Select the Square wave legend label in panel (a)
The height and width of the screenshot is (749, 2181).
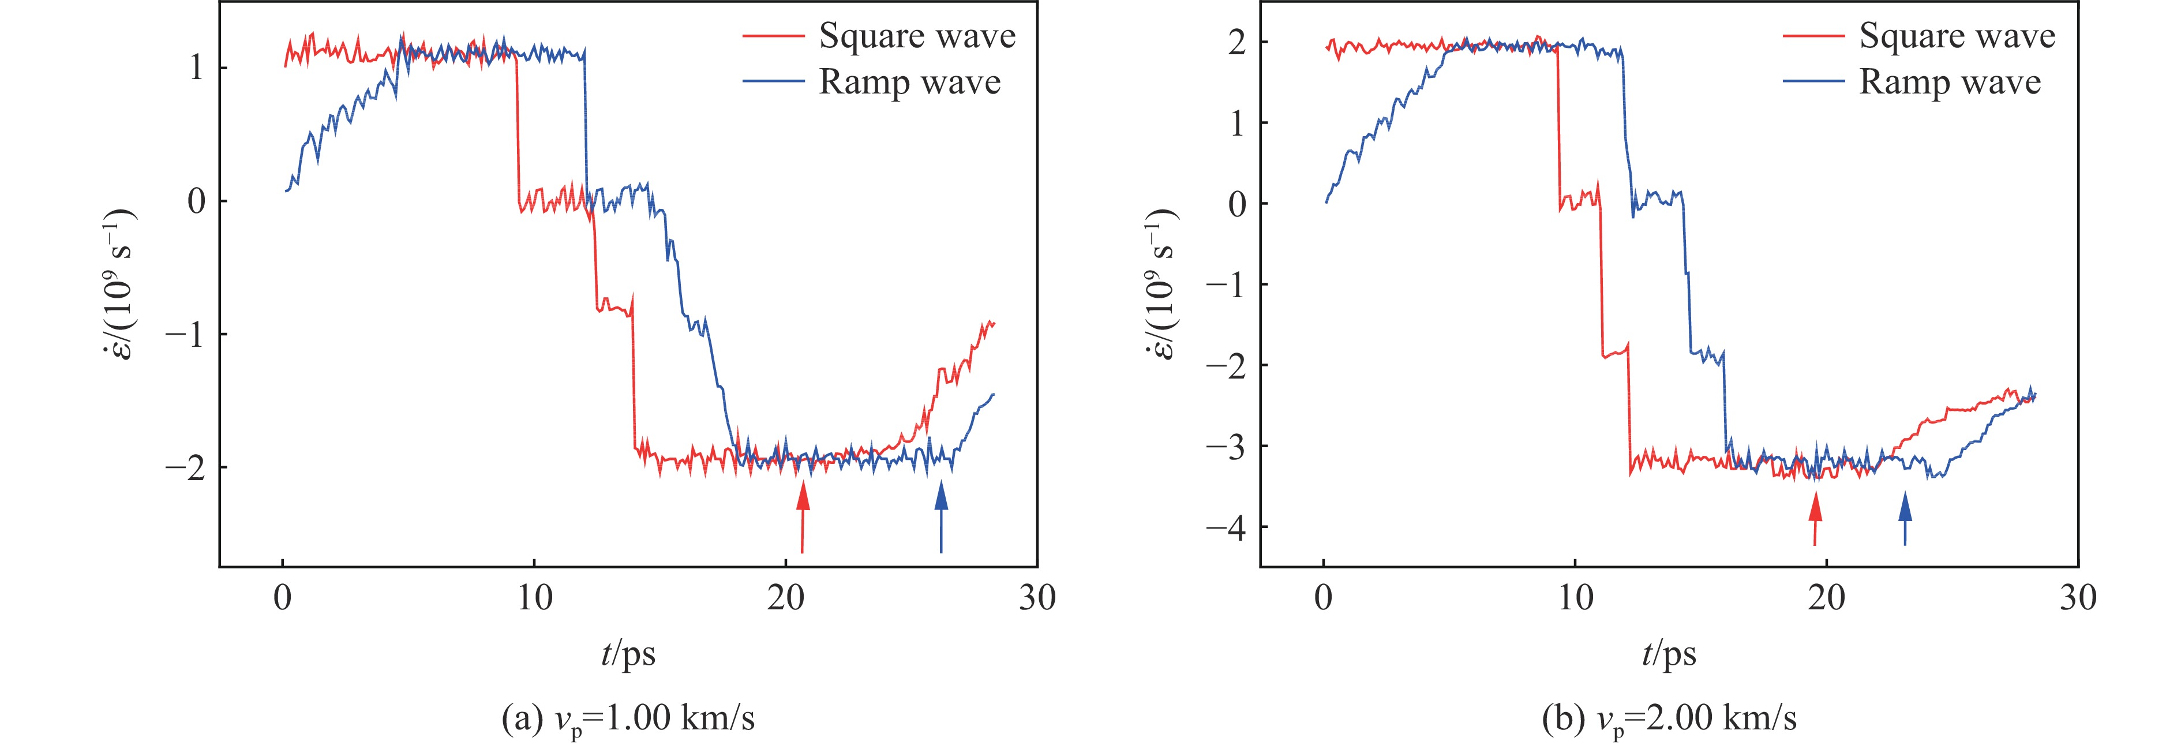(x=917, y=36)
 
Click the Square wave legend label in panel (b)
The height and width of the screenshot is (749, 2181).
(x=1957, y=36)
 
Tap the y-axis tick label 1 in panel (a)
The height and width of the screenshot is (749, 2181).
(x=196, y=68)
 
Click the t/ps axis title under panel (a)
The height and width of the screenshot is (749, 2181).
(x=628, y=653)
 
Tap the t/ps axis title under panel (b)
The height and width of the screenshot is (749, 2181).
(x=1669, y=653)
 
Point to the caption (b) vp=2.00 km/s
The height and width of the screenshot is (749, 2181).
(x=1669, y=718)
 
